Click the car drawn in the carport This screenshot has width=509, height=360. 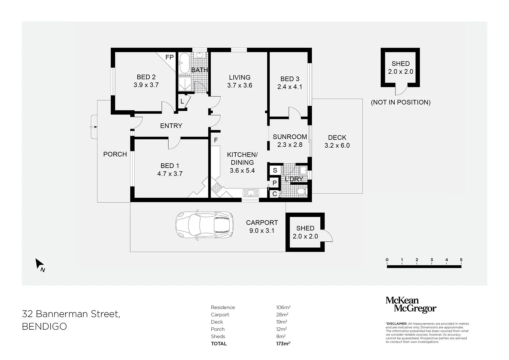point(205,225)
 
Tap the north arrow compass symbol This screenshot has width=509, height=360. point(40,265)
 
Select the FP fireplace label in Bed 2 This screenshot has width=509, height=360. point(169,57)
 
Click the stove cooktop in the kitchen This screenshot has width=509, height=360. point(217,188)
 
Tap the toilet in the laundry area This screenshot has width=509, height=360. point(301,192)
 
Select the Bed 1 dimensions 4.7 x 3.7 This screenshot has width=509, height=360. point(170,174)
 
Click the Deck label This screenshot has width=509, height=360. point(337,137)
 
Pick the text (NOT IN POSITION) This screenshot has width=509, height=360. point(400,102)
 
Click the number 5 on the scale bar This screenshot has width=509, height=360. point(461,260)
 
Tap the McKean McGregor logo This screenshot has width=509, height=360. point(411,305)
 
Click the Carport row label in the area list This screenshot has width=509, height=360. point(220,315)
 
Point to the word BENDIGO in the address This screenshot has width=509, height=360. point(44,326)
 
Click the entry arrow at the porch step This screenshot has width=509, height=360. point(94,127)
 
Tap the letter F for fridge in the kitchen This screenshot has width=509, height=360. point(216,140)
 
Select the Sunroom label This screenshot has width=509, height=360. point(290,137)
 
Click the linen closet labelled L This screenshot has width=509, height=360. point(182,101)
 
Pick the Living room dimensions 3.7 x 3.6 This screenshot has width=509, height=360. point(240,85)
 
